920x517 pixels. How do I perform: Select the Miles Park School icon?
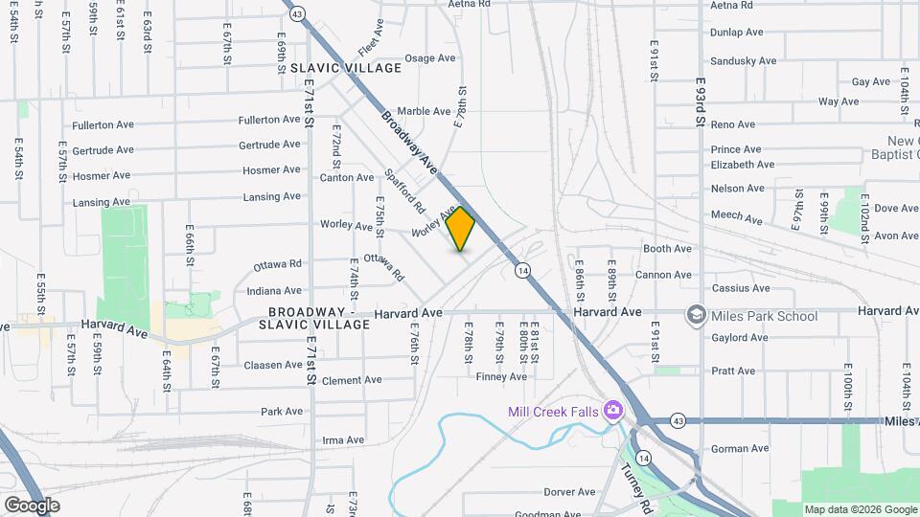[x=696, y=316]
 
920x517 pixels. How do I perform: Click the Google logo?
[x=33, y=505]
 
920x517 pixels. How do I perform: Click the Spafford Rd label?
[x=403, y=191]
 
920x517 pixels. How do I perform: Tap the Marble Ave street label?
[x=423, y=111]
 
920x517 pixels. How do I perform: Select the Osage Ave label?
[x=430, y=58]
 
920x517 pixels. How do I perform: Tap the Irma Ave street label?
[x=344, y=440]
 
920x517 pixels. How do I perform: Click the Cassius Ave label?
[x=741, y=288]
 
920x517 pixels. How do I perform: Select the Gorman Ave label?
[x=740, y=448]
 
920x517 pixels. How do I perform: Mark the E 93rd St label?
[x=701, y=103]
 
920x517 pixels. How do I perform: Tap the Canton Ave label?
[x=347, y=177]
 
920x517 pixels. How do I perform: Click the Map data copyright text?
[x=860, y=509]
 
